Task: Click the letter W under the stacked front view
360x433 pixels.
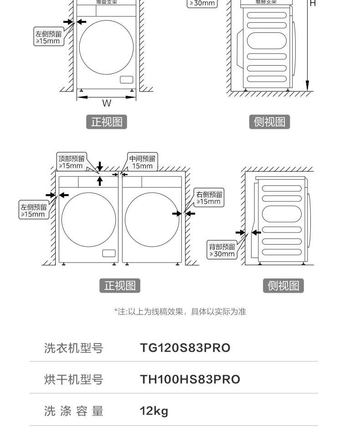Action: click(106, 103)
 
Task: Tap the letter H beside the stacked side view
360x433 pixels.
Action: click(313, 4)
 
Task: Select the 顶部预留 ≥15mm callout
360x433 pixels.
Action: click(71, 162)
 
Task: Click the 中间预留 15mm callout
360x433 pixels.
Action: click(142, 162)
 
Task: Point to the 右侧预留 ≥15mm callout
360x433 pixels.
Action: click(209, 198)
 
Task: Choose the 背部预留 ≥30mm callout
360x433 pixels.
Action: click(222, 250)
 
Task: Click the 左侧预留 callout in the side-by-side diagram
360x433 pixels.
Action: click(34, 210)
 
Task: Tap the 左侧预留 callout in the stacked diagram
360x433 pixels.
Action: click(48, 37)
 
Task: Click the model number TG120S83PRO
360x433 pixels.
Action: click(185, 348)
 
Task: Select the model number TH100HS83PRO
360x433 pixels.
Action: click(190, 379)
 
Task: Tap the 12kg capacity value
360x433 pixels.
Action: click(154, 411)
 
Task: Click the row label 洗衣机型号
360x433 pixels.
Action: click(74, 348)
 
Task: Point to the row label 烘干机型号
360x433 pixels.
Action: click(74, 380)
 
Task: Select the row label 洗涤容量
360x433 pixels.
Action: click(74, 411)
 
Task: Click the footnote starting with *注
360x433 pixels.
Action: click(180, 312)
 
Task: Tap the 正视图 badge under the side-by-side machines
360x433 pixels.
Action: click(120, 286)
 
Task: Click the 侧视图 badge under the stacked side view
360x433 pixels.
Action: click(269, 122)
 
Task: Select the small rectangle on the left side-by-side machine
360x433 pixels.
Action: click(109, 253)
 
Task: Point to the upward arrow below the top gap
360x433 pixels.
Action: click(100, 180)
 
